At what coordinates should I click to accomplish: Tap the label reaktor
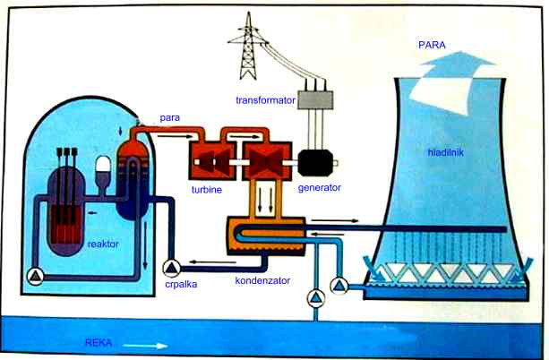[x=105, y=243]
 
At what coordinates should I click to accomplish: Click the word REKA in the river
[x=99, y=342]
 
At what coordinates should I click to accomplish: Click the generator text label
[x=320, y=189]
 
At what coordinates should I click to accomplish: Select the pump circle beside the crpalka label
[x=170, y=266]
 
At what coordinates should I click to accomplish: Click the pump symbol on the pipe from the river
[x=313, y=296]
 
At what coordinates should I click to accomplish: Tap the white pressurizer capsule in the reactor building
[x=102, y=167]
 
